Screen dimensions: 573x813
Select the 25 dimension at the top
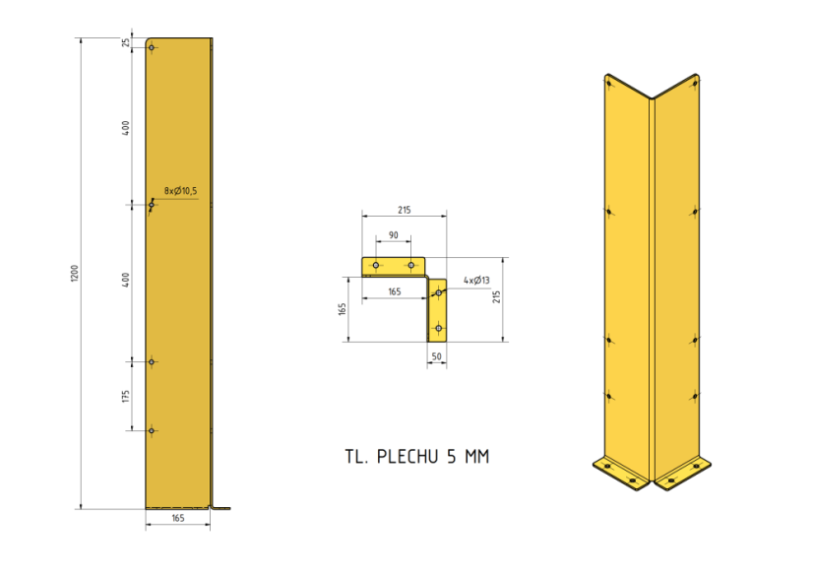(126, 42)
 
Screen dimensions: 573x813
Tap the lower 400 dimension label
(126, 282)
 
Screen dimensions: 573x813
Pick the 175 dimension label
(126, 396)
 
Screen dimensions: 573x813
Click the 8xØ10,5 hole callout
(180, 191)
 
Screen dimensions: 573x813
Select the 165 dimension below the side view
(178, 517)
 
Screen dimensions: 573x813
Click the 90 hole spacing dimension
(393, 235)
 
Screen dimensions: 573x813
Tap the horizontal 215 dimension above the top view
(404, 210)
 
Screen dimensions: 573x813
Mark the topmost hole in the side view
(153, 48)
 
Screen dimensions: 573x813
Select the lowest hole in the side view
(152, 430)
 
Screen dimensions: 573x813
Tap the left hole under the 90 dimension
(375, 265)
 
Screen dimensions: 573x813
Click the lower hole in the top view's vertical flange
(437, 327)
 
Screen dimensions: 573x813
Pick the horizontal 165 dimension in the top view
(394, 291)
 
